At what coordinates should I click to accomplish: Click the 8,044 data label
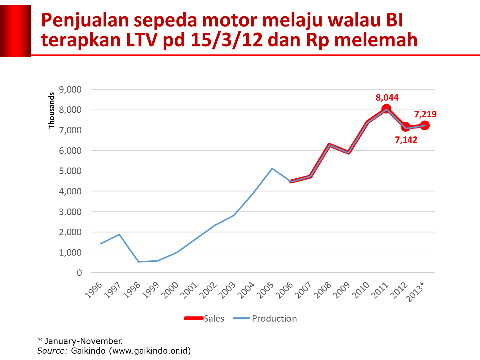[x=387, y=97]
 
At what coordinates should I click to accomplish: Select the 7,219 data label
[x=425, y=114]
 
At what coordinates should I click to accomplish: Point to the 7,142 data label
[x=406, y=140]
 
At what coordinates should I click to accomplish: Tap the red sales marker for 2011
[x=386, y=109]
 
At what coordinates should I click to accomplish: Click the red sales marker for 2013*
[x=425, y=125]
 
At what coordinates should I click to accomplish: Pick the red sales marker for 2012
[x=405, y=127]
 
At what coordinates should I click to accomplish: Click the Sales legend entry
[x=204, y=318]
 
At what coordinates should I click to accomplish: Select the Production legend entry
[x=265, y=318]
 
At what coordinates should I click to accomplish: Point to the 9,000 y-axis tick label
[x=70, y=89]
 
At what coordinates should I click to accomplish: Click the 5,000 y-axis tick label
[x=70, y=171]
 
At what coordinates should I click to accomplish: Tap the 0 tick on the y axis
[x=79, y=273]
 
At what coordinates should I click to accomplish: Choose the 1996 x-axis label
[x=94, y=290]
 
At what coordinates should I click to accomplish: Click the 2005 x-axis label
[x=266, y=290]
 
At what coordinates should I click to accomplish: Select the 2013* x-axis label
[x=415, y=291]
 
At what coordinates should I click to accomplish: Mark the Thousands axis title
[x=52, y=110]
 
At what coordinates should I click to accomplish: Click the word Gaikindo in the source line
[x=88, y=351]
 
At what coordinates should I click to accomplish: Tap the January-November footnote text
[x=83, y=341]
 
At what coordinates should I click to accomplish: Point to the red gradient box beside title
[x=16, y=31]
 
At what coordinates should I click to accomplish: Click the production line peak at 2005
[x=272, y=168]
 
